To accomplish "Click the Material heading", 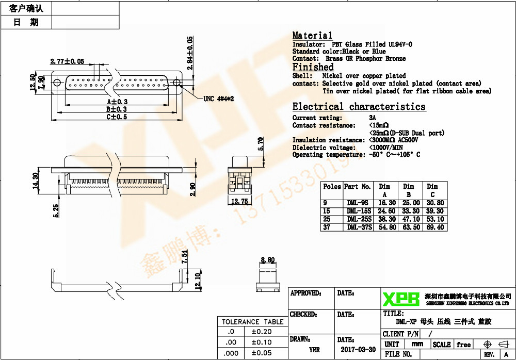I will click(312, 36).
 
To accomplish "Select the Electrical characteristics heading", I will click(359, 107).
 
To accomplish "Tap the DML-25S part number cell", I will click(359, 219).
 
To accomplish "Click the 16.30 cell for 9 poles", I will click(383, 203).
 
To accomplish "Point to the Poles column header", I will click(332, 187).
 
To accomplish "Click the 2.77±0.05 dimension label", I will click(67, 61).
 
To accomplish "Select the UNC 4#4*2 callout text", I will click(219, 99).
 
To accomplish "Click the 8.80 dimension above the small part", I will click(268, 260).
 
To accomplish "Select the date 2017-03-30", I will click(358, 349).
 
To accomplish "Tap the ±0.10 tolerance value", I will click(262, 342).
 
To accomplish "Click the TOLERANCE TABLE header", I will click(253, 322).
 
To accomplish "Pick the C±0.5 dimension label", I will click(117, 117).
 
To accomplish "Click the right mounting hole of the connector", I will click(176, 83).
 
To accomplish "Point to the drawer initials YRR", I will click(314, 349).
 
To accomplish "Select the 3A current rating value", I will click(373, 118).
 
